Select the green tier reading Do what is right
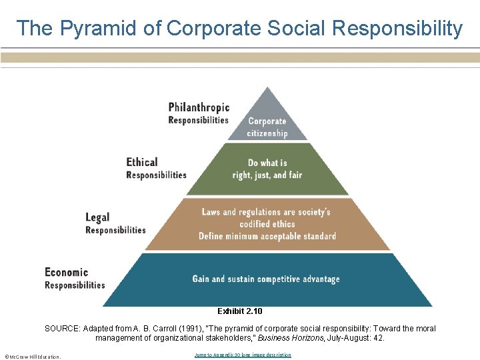point(267,169)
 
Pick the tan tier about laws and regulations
point(267,224)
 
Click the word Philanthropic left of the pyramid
point(199,107)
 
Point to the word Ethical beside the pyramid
point(142,162)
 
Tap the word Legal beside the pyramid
point(97,217)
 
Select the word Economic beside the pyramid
point(66,272)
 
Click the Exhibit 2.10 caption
point(240,311)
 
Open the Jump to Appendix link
point(243,355)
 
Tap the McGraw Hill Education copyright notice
point(32,356)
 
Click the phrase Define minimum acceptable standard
point(267,236)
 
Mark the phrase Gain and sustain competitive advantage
point(266,279)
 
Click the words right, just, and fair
point(267,175)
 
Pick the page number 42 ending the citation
point(379,338)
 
